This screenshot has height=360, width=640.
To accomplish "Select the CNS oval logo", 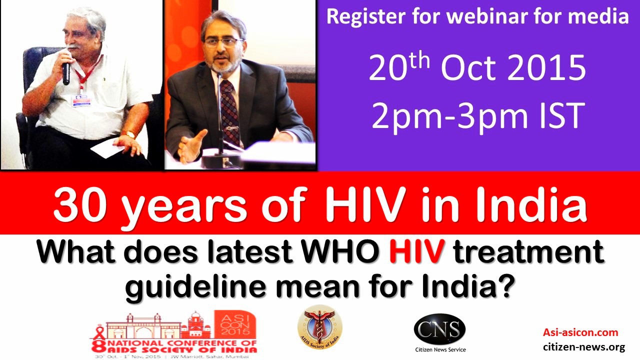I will point(439,330).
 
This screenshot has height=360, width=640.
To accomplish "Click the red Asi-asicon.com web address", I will point(580,332).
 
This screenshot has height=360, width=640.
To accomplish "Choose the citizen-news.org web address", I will point(584,347).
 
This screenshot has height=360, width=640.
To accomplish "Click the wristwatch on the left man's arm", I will point(129,134).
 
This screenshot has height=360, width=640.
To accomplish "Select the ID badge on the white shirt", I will point(82,99).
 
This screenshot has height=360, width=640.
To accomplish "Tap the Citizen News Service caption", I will point(439,349).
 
